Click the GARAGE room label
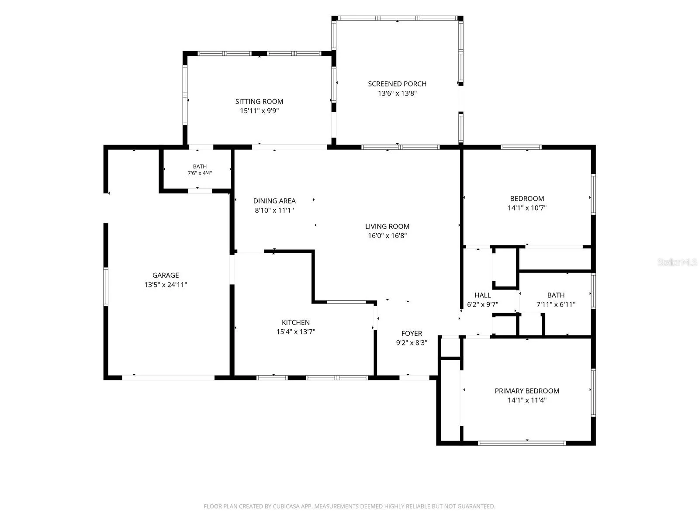tap(165, 275)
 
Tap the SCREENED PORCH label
tap(397, 84)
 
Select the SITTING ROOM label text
tap(259, 101)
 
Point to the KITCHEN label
tap(295, 322)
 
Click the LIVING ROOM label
tap(387, 226)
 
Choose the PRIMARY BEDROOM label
tap(527, 391)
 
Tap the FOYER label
tap(412, 334)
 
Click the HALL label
tap(482, 295)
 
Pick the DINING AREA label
tap(274, 201)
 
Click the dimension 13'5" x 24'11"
tap(166, 285)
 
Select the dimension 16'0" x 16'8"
tap(388, 236)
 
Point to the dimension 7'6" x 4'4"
tap(200, 173)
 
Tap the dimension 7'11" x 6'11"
tap(556, 304)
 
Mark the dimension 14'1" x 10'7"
tap(527, 208)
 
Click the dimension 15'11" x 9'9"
tap(260, 111)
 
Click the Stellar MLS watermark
tap(677, 262)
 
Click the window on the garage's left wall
tap(106, 286)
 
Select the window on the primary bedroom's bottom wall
tap(522, 443)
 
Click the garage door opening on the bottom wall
tap(168, 378)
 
